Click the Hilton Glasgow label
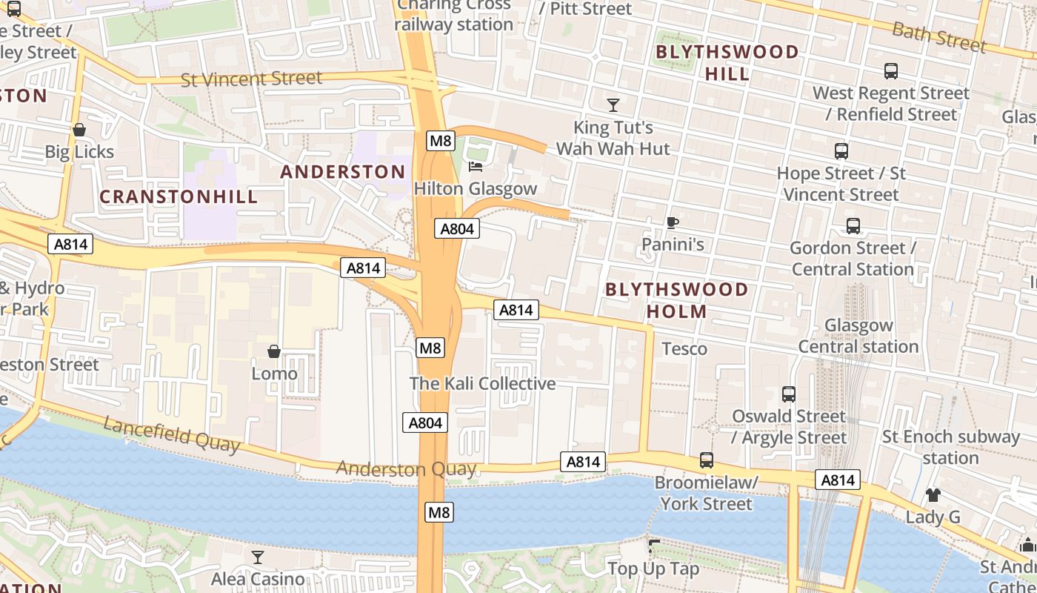tap(475, 188)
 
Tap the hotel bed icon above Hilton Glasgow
tap(476, 166)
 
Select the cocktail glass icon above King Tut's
tap(613, 105)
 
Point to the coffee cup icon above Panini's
tap(672, 222)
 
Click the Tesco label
tap(684, 348)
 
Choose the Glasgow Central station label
tap(858, 336)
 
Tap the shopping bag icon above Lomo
tap(274, 351)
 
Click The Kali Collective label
tap(482, 383)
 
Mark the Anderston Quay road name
tap(405, 468)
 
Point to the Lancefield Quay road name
tap(171, 434)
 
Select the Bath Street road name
tap(939, 37)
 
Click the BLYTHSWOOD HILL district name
tap(727, 63)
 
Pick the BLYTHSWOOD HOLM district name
tap(677, 300)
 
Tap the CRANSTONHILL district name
tap(179, 196)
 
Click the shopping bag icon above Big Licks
tap(79, 130)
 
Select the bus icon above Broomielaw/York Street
tap(707, 460)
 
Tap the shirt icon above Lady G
tap(933, 495)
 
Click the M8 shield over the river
tap(439, 511)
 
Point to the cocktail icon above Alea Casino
tap(258, 557)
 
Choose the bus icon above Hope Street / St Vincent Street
tap(841, 151)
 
